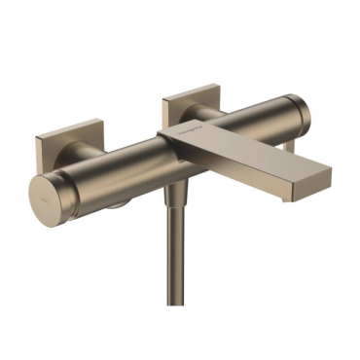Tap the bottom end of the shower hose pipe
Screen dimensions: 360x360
[x=177, y=345]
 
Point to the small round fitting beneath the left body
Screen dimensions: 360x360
[x=114, y=202]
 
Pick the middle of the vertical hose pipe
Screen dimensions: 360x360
[x=176, y=272]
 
